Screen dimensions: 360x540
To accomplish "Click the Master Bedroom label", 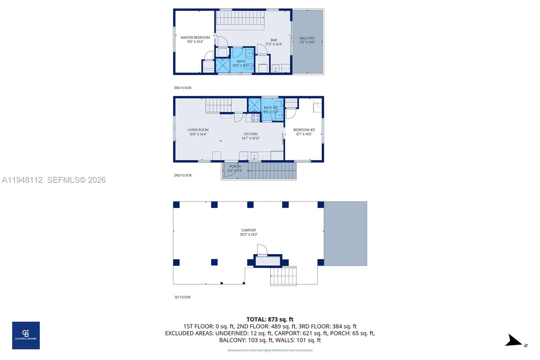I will click(x=195, y=40).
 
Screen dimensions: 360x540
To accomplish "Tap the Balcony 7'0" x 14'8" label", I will click(x=307, y=40).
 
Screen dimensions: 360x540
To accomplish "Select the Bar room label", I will click(x=274, y=42).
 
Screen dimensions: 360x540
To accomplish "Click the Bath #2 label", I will click(x=270, y=110).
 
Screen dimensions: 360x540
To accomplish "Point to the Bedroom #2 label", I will click(x=304, y=132).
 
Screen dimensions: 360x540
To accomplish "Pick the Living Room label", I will click(x=198, y=132).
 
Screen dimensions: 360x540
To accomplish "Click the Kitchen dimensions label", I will click(x=250, y=138).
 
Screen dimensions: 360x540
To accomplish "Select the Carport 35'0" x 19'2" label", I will click(x=249, y=232).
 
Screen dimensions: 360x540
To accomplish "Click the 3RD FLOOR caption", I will click(x=183, y=88).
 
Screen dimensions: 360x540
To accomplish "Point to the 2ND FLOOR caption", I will click(x=183, y=175).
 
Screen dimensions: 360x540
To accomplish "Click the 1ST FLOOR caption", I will click(x=182, y=297).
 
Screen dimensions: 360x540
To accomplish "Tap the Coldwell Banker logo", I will click(x=26, y=335).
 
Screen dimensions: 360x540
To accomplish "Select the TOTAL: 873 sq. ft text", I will click(x=270, y=319).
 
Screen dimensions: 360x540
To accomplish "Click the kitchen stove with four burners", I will click(x=255, y=118).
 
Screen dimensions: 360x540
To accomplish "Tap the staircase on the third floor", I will click(x=240, y=18).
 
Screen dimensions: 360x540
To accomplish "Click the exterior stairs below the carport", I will click(x=283, y=276).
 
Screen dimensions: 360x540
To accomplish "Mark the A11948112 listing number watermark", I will click(x=22, y=180).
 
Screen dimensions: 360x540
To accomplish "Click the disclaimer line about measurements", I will click(x=270, y=350).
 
